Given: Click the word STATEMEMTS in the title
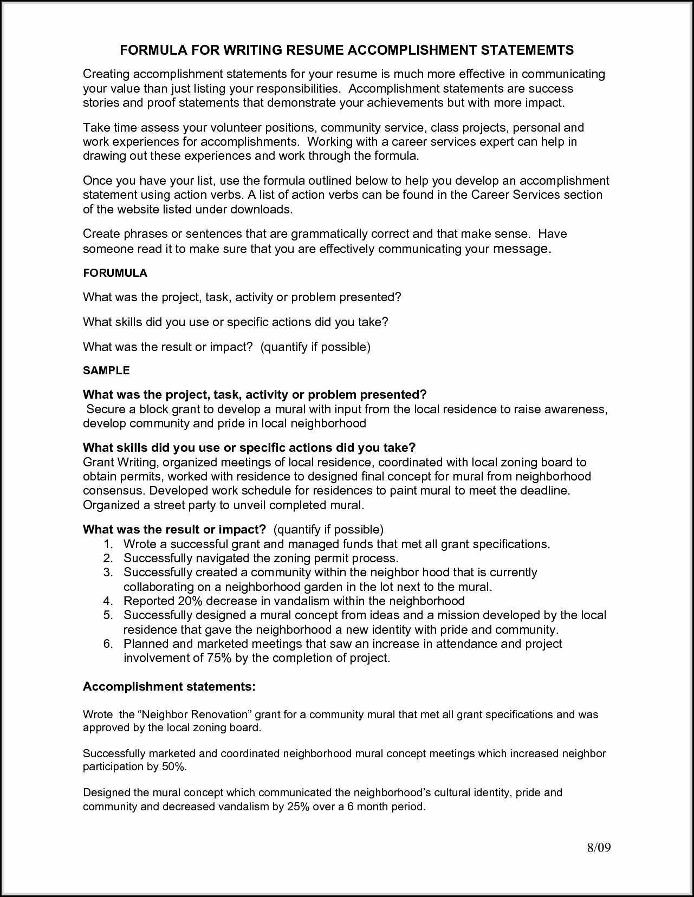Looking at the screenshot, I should pyautogui.click(x=527, y=50).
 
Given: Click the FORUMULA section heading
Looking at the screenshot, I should pyautogui.click(x=115, y=273).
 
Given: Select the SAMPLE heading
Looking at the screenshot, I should pyautogui.click(x=106, y=370).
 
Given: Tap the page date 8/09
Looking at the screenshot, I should pyautogui.click(x=599, y=848).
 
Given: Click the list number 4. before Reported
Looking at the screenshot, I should pyautogui.click(x=108, y=601).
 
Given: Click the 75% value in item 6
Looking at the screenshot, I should pyautogui.click(x=219, y=658).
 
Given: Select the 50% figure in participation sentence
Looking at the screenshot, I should pyautogui.click(x=173, y=766).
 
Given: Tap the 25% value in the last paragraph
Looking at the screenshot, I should pyautogui.click(x=298, y=806).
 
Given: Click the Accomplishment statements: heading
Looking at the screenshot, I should pyautogui.click(x=169, y=686).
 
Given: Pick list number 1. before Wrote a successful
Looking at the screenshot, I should pyautogui.click(x=108, y=544).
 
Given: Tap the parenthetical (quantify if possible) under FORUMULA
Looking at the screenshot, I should pyautogui.click(x=315, y=347).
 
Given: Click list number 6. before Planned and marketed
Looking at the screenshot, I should pyautogui.click(x=108, y=643).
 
